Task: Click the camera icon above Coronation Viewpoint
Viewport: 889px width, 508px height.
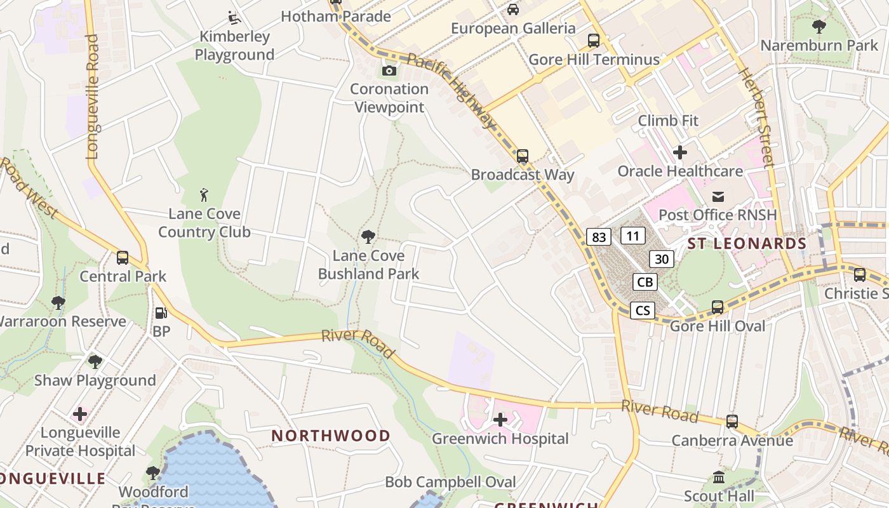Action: [389, 70]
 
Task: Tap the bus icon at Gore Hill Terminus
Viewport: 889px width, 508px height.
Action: [594, 41]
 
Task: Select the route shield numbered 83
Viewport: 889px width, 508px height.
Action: [598, 237]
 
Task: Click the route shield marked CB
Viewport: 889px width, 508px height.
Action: [645, 282]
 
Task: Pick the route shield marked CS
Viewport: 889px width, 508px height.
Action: [643, 311]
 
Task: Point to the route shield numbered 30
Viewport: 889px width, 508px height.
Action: [661, 258]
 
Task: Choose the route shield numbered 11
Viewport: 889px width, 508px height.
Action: [632, 236]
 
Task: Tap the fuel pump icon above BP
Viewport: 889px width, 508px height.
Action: [161, 313]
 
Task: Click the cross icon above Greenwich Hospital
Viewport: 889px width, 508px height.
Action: [500, 420]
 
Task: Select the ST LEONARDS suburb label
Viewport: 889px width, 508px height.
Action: [747, 244]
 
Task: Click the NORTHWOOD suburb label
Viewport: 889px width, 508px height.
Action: [331, 436]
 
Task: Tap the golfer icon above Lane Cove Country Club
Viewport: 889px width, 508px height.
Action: [204, 194]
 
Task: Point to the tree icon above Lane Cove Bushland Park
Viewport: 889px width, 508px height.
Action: [368, 237]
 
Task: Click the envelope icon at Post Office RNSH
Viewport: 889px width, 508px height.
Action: [718, 196]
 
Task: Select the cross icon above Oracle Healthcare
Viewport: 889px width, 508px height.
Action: [680, 152]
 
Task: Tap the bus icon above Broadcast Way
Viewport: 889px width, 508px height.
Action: [523, 156]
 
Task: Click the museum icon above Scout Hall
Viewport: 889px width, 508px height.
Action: [719, 477]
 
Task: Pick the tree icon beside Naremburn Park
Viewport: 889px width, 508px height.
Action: [819, 27]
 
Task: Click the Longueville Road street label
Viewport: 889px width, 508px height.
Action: [93, 97]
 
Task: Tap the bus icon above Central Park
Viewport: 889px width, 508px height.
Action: [123, 258]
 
